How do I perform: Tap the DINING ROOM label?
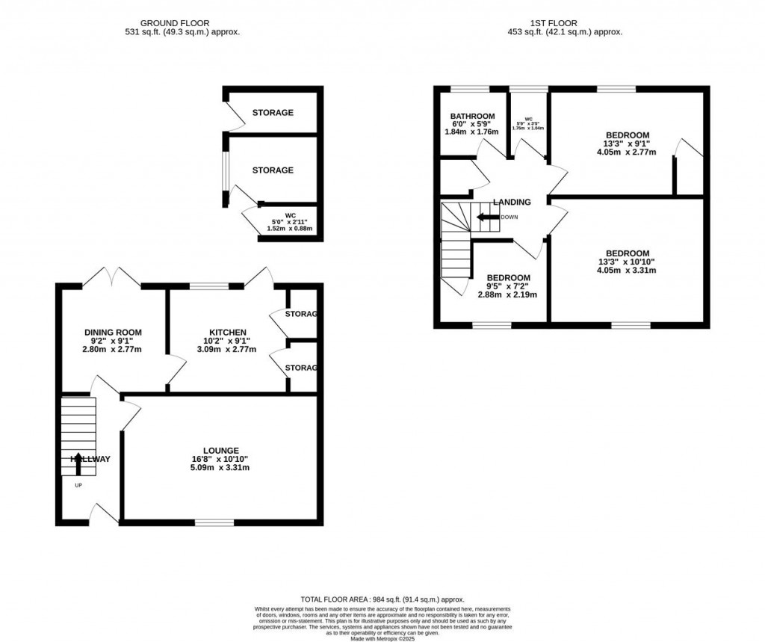113,333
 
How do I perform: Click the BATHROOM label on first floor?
472,116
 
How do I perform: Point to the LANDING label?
512,202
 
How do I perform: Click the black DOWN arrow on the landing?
488,217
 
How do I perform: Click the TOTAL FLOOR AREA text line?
382,599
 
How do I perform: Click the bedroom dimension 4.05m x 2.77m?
626,152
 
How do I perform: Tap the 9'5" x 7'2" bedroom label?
507,285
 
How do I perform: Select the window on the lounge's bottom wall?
214,522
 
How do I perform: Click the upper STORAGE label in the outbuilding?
272,113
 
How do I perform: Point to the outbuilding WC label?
291,215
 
